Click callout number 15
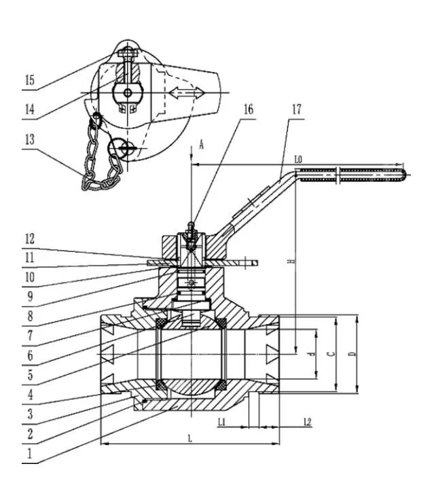point(29,80)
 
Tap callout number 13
point(29,139)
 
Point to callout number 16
point(247,109)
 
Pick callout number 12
point(29,238)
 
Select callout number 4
point(29,393)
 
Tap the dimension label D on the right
point(351,354)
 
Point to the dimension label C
point(331,354)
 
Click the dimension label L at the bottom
point(189,439)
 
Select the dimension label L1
point(222,423)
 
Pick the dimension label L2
point(307,423)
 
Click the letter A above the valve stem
point(201,144)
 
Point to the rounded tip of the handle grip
point(405,175)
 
